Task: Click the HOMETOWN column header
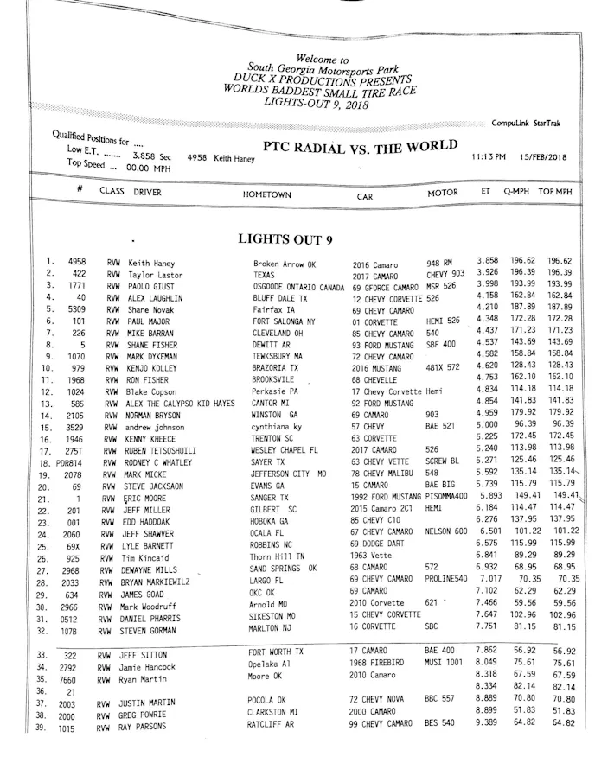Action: coord(267,195)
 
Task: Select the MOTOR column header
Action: coord(443,193)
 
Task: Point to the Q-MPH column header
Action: coord(517,191)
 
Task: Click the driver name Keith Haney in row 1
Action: coord(151,263)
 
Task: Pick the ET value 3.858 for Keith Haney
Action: coord(489,260)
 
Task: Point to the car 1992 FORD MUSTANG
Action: coord(387,499)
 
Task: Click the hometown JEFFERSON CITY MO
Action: coord(289,474)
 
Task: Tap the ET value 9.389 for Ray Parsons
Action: coord(488,722)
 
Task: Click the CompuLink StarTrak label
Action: coord(525,124)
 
